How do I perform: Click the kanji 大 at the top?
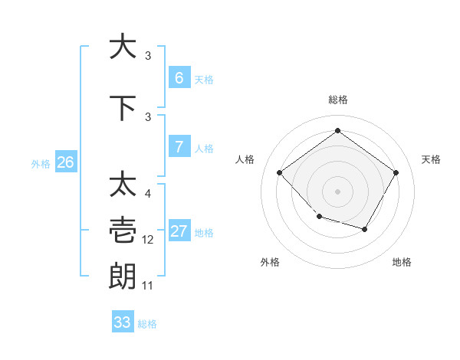coord(123,46)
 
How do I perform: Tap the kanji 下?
coord(123,107)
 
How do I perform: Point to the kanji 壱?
coord(123,230)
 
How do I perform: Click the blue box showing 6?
coord(179,78)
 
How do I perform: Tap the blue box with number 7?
coord(179,147)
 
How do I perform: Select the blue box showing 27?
coord(179,232)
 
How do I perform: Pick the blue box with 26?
coord(65,162)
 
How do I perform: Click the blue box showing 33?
coord(123,322)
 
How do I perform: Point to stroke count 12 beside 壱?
coord(148,240)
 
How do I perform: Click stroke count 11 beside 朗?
coord(148,286)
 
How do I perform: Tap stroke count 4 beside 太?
coord(148,194)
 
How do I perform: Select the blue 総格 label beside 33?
coord(147,324)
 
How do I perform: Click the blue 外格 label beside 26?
coord(41,163)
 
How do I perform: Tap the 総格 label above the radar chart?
coord(337,100)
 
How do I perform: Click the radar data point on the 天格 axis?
coord(396,172)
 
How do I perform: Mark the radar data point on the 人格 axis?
coord(280,172)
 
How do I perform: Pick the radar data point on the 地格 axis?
coord(365,230)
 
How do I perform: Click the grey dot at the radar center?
coord(337,191)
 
